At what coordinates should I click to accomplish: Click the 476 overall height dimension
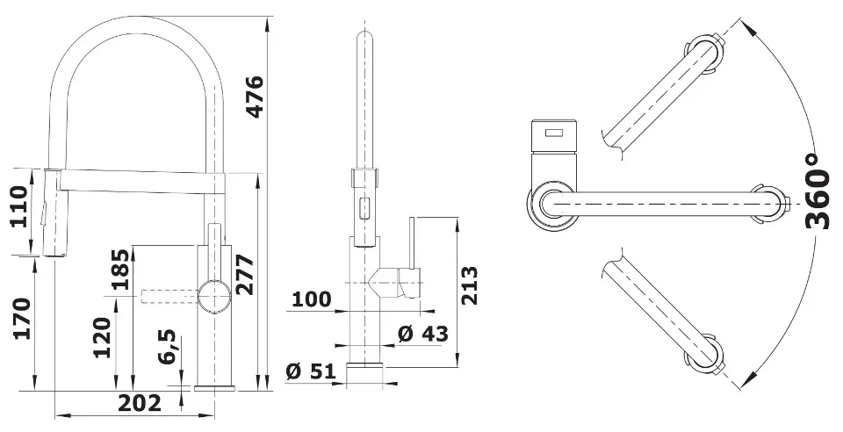pyautogui.click(x=255, y=97)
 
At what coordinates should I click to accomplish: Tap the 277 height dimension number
pyautogui.click(x=245, y=275)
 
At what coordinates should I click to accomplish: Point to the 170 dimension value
pyautogui.click(x=22, y=318)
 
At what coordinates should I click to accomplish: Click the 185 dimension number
pyautogui.click(x=121, y=270)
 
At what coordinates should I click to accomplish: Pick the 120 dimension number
pyautogui.click(x=102, y=338)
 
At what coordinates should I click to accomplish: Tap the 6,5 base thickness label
pyautogui.click(x=168, y=347)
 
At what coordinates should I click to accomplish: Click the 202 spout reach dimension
pyautogui.click(x=140, y=403)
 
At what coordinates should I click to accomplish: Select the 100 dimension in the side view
pyautogui.click(x=311, y=299)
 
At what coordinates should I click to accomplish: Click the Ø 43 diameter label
pyautogui.click(x=422, y=334)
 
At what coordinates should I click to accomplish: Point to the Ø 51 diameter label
pyautogui.click(x=311, y=371)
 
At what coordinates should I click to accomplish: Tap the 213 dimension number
pyautogui.click(x=469, y=285)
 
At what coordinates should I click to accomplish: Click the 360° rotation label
pyautogui.click(x=818, y=191)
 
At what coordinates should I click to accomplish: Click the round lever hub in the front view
pyautogui.click(x=214, y=296)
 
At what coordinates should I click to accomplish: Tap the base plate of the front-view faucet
pyautogui.click(x=214, y=388)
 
